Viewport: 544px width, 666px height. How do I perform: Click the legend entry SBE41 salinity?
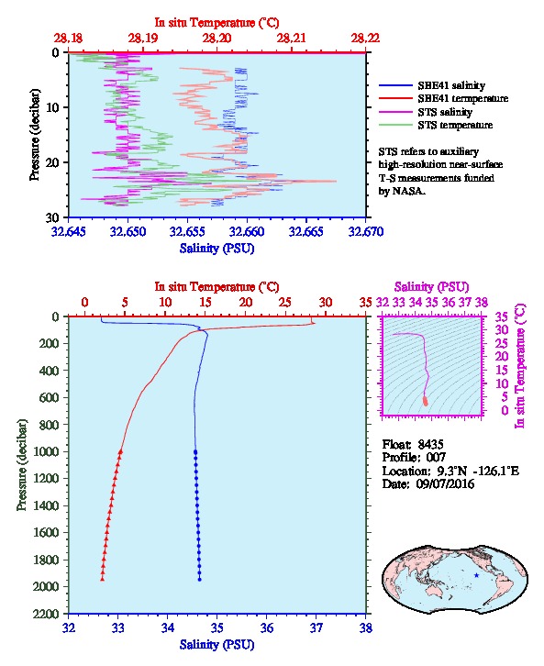(451, 85)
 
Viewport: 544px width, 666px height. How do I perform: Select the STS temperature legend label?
(455, 125)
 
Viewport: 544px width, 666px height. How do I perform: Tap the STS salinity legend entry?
(445, 112)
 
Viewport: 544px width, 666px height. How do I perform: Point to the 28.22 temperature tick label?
(365, 39)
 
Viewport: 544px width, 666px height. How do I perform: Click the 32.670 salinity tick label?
(366, 231)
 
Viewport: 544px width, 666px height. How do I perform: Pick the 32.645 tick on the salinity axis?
(69, 231)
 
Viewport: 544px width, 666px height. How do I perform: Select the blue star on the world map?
(476, 575)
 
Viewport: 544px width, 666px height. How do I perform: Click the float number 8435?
(430, 444)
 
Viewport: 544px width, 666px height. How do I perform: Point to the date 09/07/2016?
(445, 483)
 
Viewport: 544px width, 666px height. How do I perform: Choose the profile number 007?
(436, 458)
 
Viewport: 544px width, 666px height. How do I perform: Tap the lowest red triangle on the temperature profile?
(103, 579)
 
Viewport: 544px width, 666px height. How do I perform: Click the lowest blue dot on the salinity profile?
(200, 579)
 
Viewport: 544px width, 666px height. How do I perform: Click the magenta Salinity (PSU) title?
(431, 287)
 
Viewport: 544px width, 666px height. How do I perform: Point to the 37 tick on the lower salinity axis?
(316, 627)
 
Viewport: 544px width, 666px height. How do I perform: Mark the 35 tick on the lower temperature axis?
(366, 303)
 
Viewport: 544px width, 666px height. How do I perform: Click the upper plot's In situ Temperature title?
(216, 23)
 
